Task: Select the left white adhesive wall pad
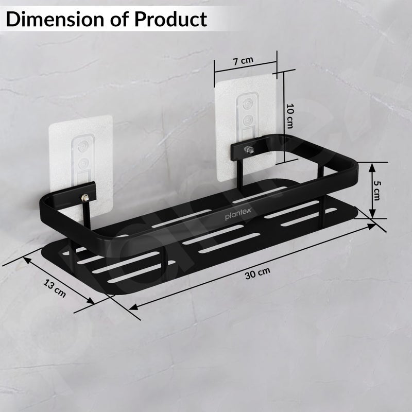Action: [x=81, y=154]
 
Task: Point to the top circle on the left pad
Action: [x=82, y=146]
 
